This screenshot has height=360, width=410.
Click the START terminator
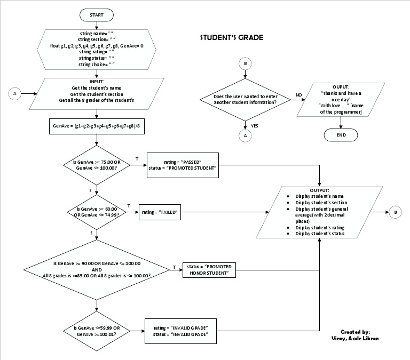coord(97,14)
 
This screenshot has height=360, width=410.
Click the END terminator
coord(341,135)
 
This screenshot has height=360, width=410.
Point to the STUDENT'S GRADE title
coord(232,38)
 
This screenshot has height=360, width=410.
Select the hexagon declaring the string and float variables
coord(97,49)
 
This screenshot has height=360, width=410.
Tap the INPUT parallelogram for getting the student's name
coord(97,93)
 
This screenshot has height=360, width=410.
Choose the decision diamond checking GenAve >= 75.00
coord(97,165)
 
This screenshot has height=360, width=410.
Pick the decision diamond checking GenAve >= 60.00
coord(97,212)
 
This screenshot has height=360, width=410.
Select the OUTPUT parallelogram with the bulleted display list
coord(320,212)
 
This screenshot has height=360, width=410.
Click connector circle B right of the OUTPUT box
coord(395,212)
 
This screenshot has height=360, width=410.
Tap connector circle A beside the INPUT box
coord(15,93)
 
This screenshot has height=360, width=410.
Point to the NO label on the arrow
coord(298,94)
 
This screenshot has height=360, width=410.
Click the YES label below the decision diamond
coord(254,125)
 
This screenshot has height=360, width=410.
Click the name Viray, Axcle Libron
coord(354,339)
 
